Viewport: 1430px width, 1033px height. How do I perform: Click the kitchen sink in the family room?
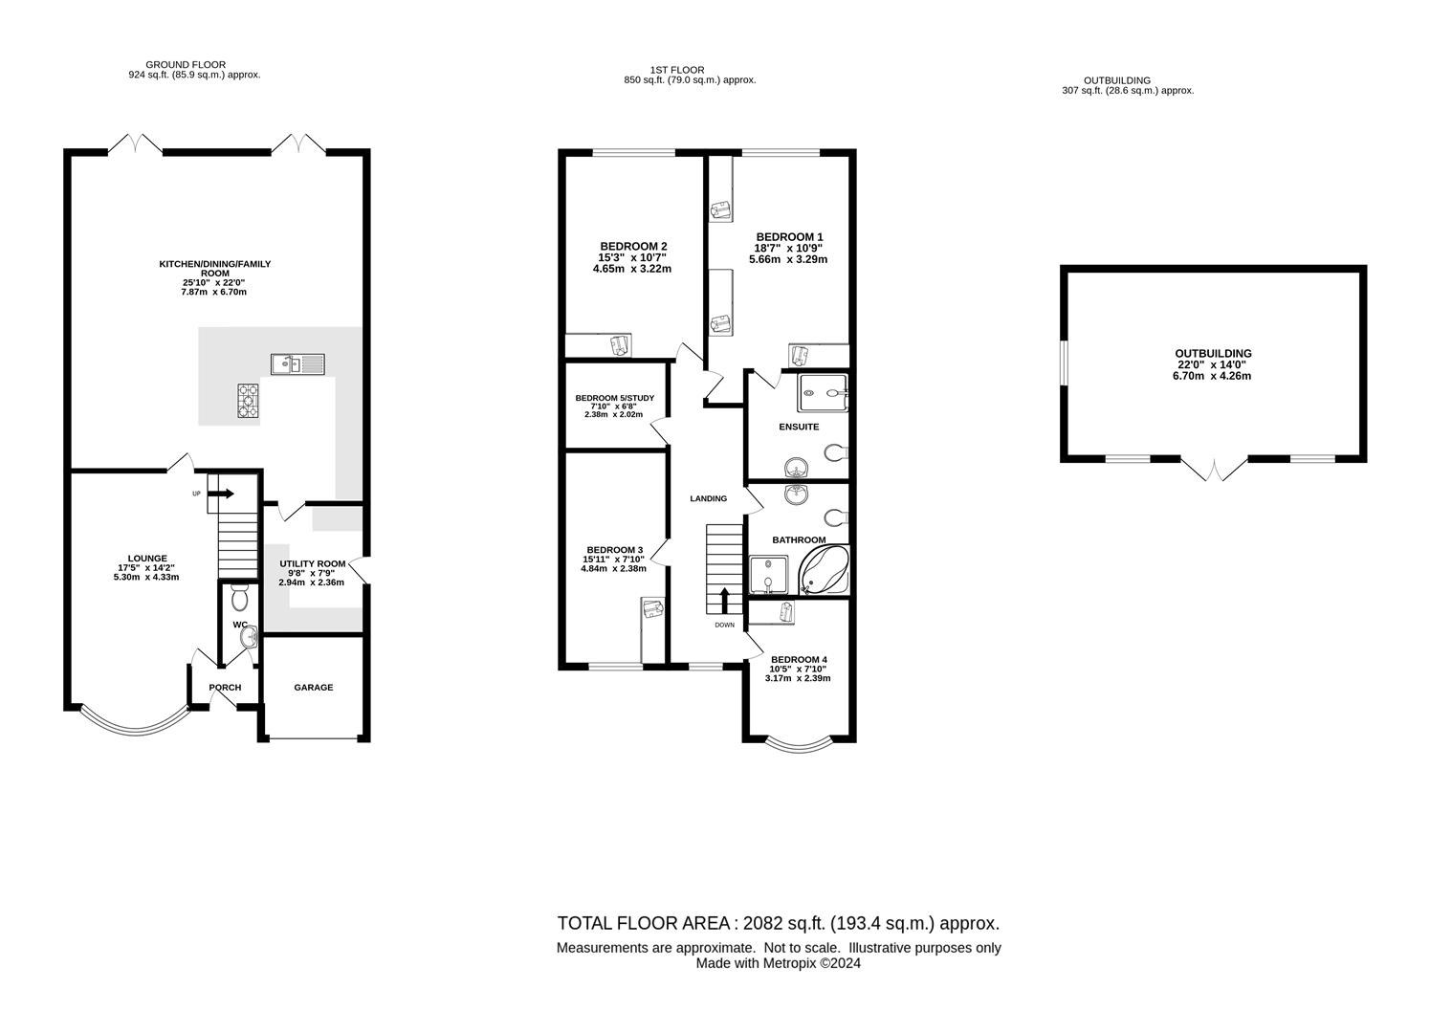[x=297, y=364]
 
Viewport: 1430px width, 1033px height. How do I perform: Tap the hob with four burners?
[x=249, y=401]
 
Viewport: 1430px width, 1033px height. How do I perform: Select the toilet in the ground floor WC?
[x=240, y=597]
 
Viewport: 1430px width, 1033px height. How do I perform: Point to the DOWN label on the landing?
[x=725, y=625]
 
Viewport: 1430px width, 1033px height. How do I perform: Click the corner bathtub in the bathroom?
[x=825, y=570]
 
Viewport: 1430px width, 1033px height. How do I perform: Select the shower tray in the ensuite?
[x=823, y=393]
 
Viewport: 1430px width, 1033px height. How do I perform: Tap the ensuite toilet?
[x=836, y=452]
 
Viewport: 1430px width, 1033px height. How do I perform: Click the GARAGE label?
[x=314, y=688]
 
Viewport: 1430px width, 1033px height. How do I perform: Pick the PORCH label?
[x=226, y=688]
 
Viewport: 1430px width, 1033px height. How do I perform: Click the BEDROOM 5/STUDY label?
[x=615, y=398]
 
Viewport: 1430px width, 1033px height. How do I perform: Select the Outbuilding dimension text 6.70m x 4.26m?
[x=1212, y=376]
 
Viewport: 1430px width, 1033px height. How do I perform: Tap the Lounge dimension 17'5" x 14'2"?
[x=146, y=567]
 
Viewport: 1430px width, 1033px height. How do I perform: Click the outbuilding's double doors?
[x=1214, y=470]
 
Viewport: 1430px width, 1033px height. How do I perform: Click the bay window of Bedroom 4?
[x=800, y=745]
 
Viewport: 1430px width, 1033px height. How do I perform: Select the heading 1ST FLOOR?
[x=677, y=70]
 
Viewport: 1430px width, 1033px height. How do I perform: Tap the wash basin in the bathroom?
[x=797, y=495]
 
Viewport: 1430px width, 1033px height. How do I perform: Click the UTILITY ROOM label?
[x=312, y=563]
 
